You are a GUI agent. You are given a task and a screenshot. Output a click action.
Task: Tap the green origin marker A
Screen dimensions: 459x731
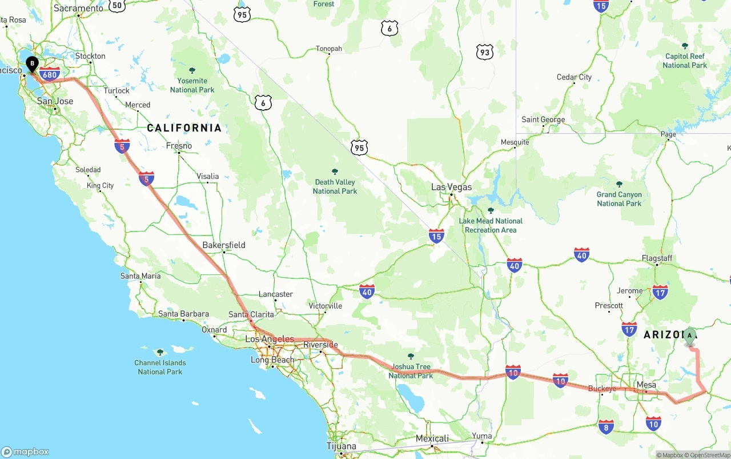690,336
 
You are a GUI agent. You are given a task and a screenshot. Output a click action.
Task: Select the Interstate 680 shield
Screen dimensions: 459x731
50,74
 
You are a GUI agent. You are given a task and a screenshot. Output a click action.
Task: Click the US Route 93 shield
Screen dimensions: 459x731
485,53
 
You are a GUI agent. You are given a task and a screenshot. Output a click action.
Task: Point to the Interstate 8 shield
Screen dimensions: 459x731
606,426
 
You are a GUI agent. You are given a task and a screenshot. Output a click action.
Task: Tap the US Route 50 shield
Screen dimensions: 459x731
117,5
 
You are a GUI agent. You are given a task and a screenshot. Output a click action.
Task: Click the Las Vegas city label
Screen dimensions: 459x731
451,187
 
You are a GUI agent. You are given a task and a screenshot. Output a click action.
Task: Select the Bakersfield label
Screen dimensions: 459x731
224,245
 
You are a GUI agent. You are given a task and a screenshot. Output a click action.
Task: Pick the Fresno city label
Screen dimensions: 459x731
179,146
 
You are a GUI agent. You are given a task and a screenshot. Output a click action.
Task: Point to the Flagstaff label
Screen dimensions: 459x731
657,258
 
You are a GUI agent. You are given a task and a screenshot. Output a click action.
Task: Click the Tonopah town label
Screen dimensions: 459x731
329,49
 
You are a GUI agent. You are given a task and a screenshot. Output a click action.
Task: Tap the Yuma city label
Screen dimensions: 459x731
481,436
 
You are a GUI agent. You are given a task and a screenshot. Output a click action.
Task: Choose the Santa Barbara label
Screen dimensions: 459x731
183,314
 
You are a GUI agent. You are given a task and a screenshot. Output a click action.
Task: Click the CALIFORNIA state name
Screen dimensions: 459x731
184,127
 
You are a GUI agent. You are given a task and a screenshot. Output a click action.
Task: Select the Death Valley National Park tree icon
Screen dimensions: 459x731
335,171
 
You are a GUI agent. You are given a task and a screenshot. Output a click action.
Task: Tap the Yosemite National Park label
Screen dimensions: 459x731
192,85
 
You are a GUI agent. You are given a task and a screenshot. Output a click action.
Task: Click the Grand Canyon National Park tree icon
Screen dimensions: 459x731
619,184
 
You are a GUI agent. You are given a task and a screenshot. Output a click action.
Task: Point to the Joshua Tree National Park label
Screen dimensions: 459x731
411,371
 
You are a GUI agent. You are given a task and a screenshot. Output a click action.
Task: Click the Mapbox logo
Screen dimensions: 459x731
25,452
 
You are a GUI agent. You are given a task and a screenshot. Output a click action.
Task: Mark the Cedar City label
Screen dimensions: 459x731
574,77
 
